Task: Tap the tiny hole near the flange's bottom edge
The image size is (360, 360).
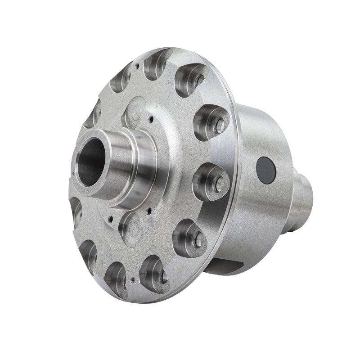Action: pyautogui.click(x=131, y=280)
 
